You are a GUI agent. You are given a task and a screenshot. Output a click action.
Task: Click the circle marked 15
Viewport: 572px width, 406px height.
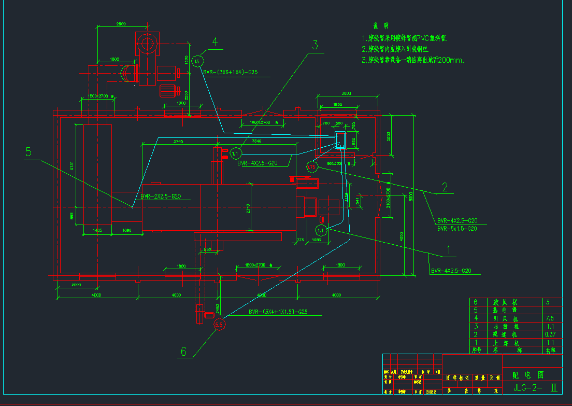pyautogui.click(x=196, y=62)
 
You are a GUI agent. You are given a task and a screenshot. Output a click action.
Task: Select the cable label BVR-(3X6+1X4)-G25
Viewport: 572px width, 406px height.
pyautogui.click(x=231, y=73)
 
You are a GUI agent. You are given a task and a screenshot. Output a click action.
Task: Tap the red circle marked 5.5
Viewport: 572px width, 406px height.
pyautogui.click(x=219, y=325)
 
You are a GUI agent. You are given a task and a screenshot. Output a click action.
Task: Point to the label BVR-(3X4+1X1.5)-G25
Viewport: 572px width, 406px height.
pyautogui.click(x=278, y=312)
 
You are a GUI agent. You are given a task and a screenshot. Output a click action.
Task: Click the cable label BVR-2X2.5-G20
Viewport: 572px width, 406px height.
pyautogui.click(x=161, y=197)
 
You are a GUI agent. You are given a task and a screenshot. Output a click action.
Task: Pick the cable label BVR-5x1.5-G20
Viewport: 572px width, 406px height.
pyautogui.click(x=457, y=229)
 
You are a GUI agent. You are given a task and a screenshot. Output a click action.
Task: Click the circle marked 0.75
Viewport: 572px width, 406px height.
pyautogui.click(x=311, y=166)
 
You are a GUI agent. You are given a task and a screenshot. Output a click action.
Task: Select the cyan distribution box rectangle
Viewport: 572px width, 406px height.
pyautogui.click(x=341, y=140)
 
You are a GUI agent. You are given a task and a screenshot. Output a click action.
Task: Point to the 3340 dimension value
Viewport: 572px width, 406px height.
pyautogui.click(x=256, y=141)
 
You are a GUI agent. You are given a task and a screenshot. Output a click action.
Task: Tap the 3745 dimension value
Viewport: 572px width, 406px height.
pyautogui.click(x=178, y=141)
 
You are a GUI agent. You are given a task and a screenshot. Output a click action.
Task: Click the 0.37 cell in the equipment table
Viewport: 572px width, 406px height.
pyautogui.click(x=550, y=334)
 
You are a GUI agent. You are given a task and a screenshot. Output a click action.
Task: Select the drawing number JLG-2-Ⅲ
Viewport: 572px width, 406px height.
pyautogui.click(x=535, y=388)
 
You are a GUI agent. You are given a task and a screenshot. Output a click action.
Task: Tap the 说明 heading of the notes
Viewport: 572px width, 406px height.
pyautogui.click(x=380, y=26)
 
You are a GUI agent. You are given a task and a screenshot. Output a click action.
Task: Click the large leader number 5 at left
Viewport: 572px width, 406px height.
pyautogui.click(x=28, y=152)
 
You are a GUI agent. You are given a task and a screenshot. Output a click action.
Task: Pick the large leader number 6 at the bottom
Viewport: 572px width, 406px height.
pyautogui.click(x=183, y=352)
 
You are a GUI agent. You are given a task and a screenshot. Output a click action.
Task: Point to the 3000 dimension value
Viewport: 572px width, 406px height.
pyautogui.click(x=347, y=93)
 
